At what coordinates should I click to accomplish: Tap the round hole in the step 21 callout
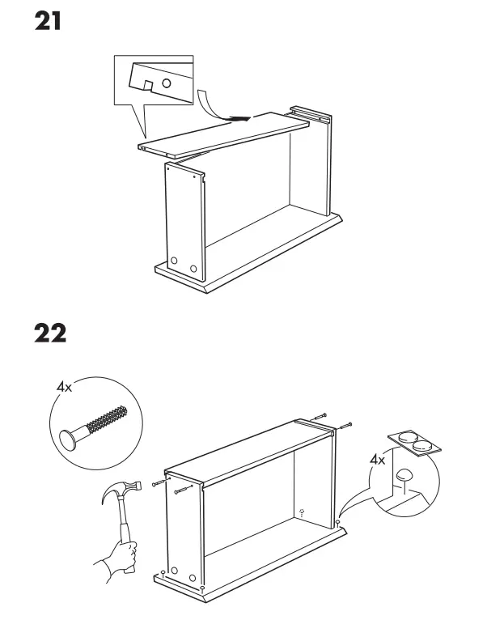coord(166,83)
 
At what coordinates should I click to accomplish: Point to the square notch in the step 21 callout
coord(146,85)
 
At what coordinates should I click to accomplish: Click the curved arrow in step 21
coord(212,105)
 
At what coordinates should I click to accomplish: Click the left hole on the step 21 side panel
coord(173,261)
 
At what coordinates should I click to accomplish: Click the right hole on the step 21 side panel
coord(193,267)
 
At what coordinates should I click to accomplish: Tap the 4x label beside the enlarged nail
coord(64,389)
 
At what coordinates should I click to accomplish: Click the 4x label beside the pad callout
coord(378,461)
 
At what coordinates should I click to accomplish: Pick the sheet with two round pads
coord(415,441)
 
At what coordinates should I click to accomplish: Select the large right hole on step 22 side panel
coord(193,578)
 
